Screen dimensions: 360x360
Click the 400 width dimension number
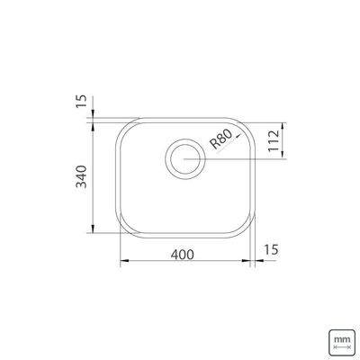click(183, 255)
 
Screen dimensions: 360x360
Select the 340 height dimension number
click(81, 176)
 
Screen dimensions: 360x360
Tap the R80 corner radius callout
click(221, 139)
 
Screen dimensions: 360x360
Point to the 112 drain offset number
click(274, 141)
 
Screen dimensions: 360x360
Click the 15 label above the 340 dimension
click(81, 102)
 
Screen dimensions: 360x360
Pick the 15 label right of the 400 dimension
click(271, 249)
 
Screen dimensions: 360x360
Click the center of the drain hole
click(185, 159)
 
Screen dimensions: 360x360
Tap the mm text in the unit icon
click(342, 340)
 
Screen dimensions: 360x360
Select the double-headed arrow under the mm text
click(342, 347)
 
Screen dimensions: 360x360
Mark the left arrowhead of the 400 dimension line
click(124, 261)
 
